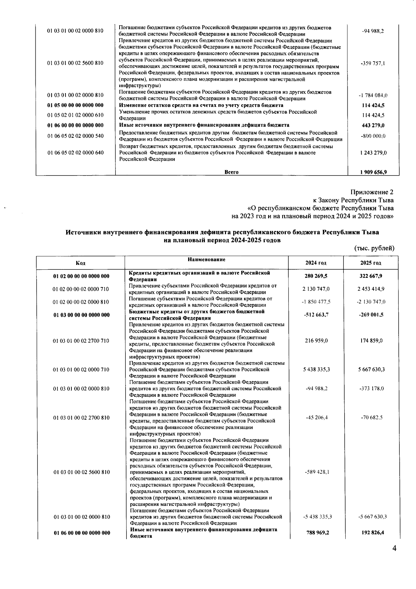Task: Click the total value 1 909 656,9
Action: pos(373,172)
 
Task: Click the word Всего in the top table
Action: pos(232,172)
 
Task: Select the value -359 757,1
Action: pos(373,63)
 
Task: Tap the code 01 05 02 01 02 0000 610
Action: pos(75,115)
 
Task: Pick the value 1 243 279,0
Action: pos(373,153)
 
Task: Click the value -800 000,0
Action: pos(373,136)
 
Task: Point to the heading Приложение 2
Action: pos(372,192)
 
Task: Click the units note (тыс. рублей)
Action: pos(374,248)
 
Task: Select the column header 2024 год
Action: pos(316,263)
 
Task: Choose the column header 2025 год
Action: pos(371,263)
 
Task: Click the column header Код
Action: pos(80,263)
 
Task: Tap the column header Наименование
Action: pos(207,259)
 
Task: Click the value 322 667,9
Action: pos(371,276)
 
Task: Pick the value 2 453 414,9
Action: pos(371,289)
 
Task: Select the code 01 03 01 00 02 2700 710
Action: pos(81,341)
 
